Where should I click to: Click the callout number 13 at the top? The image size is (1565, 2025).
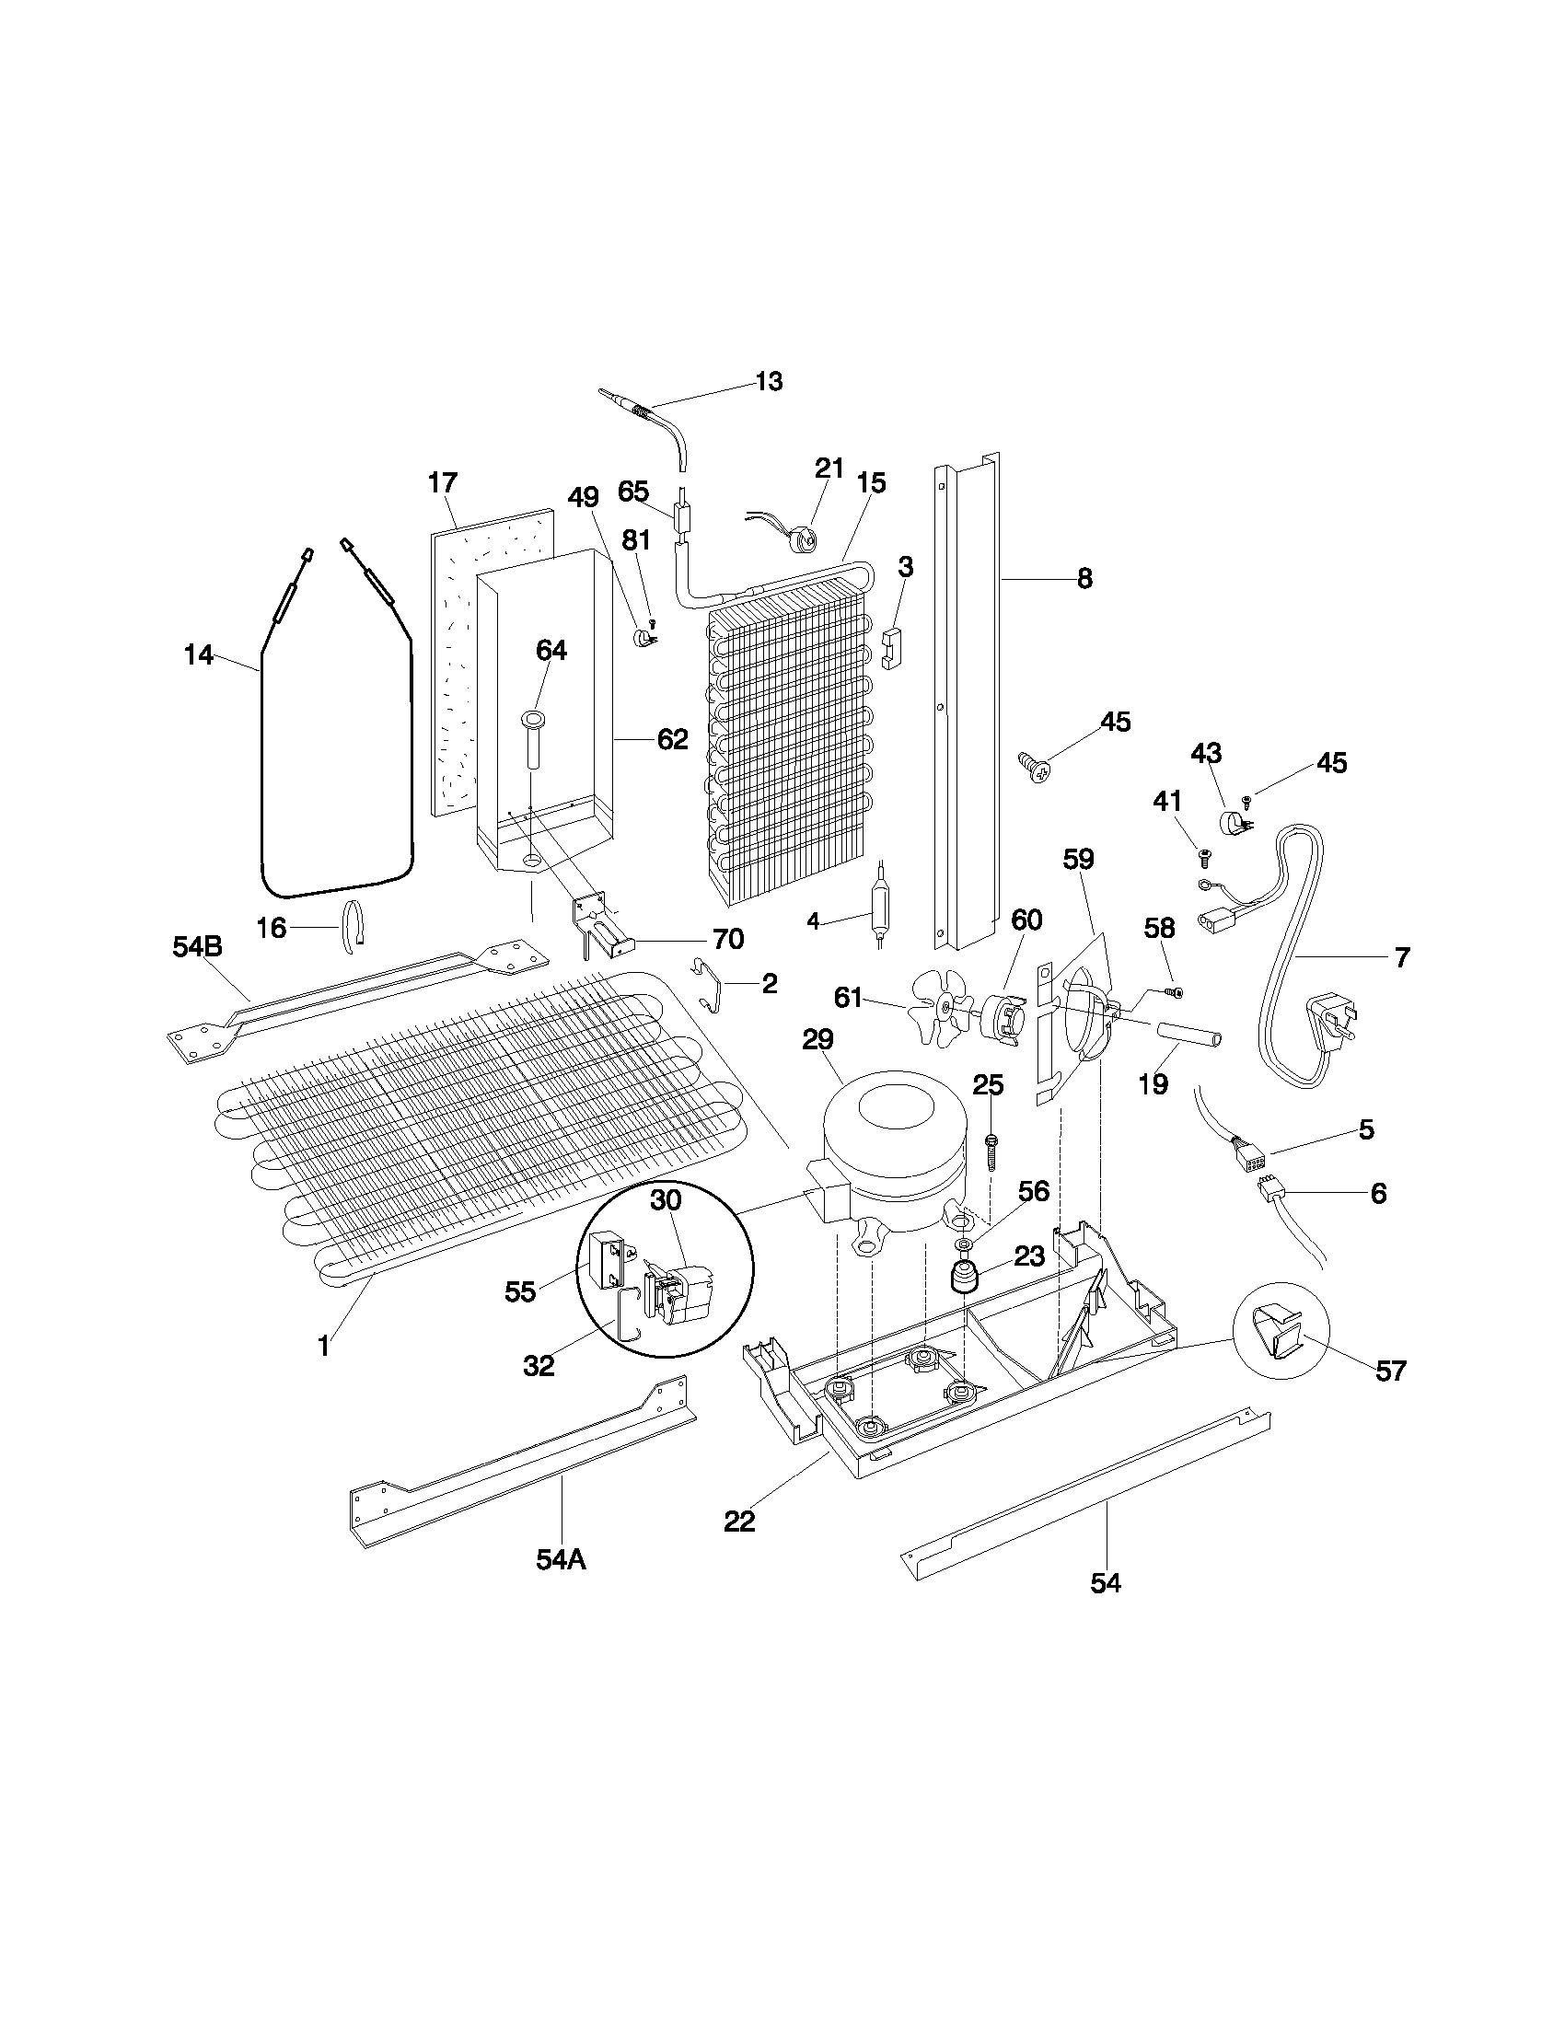[x=769, y=381]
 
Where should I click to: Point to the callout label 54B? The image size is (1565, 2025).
[x=198, y=946]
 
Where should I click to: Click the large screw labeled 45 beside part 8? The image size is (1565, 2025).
[x=1035, y=767]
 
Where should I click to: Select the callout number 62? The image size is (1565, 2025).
[x=672, y=739]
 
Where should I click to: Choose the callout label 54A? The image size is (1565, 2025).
[x=561, y=1559]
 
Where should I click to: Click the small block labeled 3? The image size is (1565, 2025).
[x=892, y=648]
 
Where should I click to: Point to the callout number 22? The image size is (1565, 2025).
[x=739, y=1522]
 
